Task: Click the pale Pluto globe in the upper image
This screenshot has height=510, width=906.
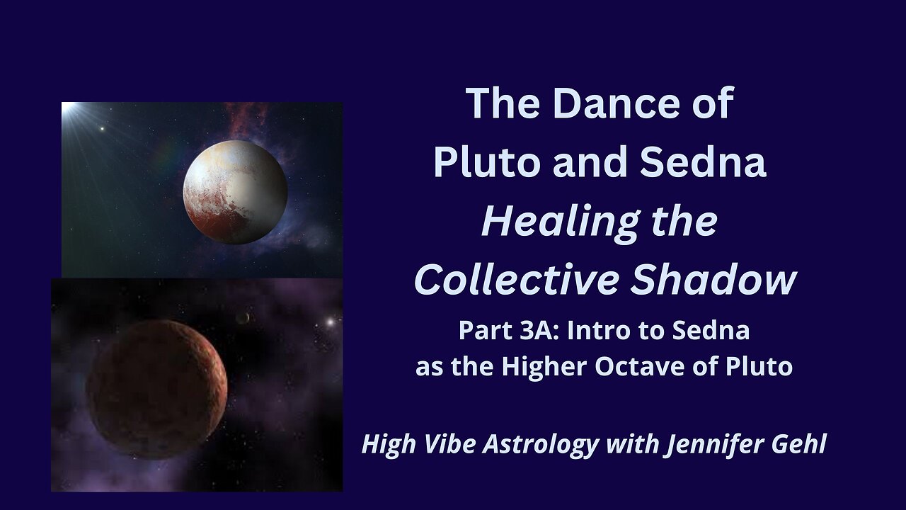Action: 235,192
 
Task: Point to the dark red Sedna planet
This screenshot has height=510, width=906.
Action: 156,390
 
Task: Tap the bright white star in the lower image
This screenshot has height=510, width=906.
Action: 329,322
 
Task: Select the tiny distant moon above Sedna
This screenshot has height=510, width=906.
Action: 243,319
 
